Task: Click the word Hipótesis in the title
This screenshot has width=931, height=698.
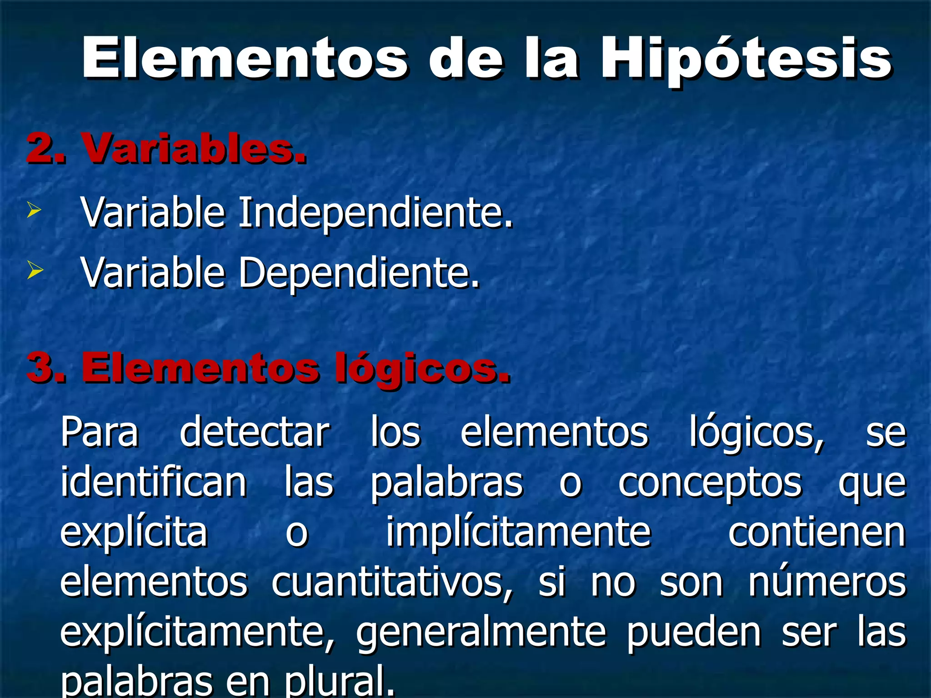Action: (746, 59)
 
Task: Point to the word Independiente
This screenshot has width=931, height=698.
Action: (375, 212)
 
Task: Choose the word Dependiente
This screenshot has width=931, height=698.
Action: (359, 273)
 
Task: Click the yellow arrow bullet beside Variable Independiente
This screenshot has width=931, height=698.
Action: (34, 210)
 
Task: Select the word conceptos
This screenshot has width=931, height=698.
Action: (710, 483)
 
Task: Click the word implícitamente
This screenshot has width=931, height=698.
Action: (518, 533)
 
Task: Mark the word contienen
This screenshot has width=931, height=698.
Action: (817, 533)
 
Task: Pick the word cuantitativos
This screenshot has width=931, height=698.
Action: (392, 583)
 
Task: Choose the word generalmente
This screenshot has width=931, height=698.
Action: (481, 633)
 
